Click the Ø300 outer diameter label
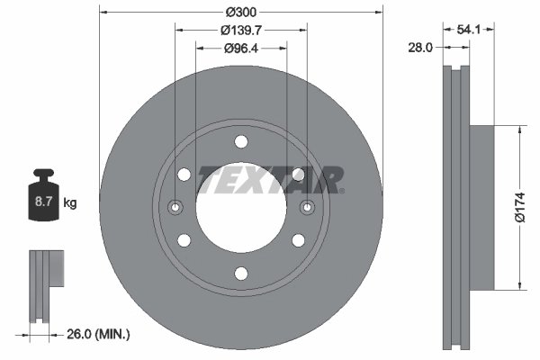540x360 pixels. (x=240, y=12)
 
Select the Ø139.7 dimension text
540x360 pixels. (x=240, y=30)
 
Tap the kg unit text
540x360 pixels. (x=70, y=203)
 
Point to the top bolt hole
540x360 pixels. (x=240, y=141)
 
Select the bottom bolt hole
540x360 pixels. (x=240, y=274)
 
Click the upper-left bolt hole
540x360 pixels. (x=184, y=175)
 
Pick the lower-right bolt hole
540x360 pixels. (x=298, y=240)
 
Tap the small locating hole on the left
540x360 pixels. (x=175, y=208)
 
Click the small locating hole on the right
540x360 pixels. (x=307, y=208)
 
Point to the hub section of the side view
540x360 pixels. (x=481, y=208)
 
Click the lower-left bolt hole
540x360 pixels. (x=184, y=240)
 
